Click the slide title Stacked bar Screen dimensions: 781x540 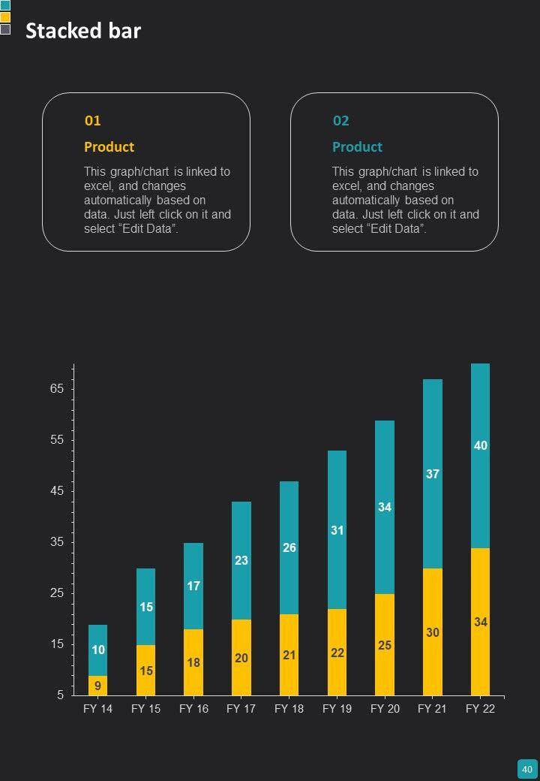pyautogui.click(x=83, y=31)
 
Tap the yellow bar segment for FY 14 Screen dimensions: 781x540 pyautogui.click(x=97, y=686)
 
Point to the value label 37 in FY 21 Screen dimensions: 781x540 pyautogui.click(x=433, y=474)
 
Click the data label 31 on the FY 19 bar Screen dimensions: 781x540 pyautogui.click(x=337, y=530)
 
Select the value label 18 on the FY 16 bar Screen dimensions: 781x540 pyautogui.click(x=193, y=662)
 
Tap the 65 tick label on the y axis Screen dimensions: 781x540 pyautogui.click(x=57, y=389)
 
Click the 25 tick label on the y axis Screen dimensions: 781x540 pyautogui.click(x=57, y=593)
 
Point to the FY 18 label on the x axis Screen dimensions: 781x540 pyautogui.click(x=289, y=709)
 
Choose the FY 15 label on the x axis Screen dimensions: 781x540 pyautogui.click(x=145, y=709)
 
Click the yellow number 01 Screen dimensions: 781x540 pyautogui.click(x=92, y=120)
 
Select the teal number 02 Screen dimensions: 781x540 pyautogui.click(x=340, y=120)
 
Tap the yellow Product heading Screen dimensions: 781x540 pyautogui.click(x=109, y=146)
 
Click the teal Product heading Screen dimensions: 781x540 pyautogui.click(x=357, y=146)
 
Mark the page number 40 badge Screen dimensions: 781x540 pyautogui.click(x=526, y=769)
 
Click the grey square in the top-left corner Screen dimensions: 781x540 pyautogui.click(x=5, y=29)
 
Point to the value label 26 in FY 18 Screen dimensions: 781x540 pyautogui.click(x=289, y=547)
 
